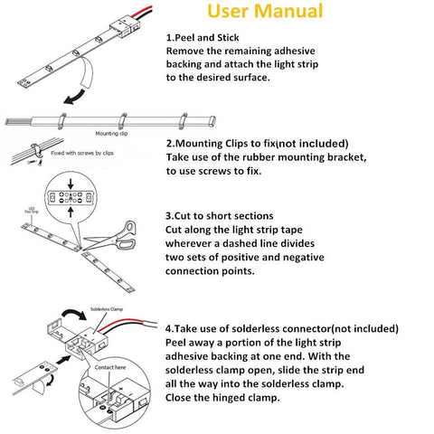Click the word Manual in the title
281,12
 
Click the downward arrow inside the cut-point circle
71,183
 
